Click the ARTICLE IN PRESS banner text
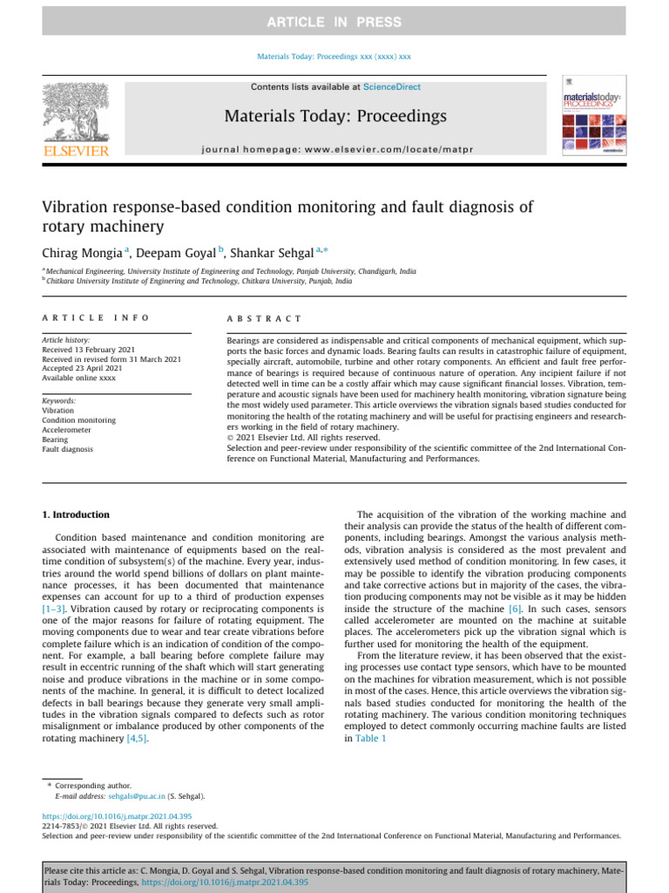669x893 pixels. tap(334, 22)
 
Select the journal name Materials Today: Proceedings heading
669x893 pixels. tap(335, 116)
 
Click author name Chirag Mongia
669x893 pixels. tap(82, 253)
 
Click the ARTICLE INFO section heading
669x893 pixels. tap(96, 319)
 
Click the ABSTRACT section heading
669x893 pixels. tap(264, 319)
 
